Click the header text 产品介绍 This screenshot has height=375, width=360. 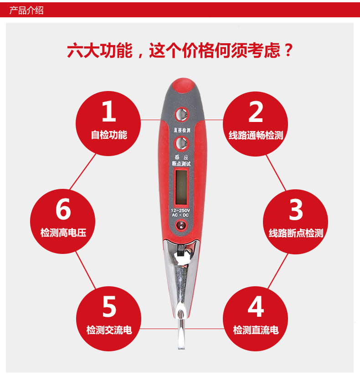(26, 10)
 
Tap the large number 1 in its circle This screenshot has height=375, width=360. (109, 111)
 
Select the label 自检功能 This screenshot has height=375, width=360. (109, 135)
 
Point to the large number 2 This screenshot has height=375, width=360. (256, 111)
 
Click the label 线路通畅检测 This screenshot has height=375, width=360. (256, 135)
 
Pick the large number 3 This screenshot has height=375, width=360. (296, 209)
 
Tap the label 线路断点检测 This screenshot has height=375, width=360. (296, 233)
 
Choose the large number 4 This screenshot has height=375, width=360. (256, 307)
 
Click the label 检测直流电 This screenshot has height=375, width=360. (256, 330)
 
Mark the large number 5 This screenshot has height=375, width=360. (109, 307)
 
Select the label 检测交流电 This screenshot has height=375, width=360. (109, 330)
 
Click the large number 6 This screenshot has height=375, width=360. (63, 209)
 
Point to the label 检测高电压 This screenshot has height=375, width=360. (63, 233)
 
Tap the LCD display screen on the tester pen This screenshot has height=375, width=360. (181, 187)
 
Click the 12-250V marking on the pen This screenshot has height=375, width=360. (180, 210)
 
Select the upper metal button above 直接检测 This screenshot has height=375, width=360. (181, 114)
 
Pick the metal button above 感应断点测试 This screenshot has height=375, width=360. (181, 144)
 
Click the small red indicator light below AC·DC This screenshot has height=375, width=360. (181, 225)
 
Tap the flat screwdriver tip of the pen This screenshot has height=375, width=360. (181, 334)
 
